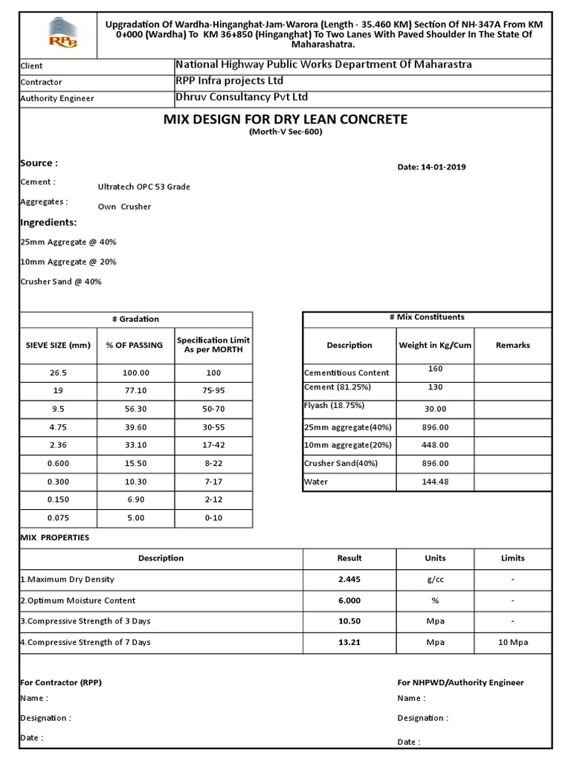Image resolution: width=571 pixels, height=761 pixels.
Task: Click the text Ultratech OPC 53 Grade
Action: click(143, 187)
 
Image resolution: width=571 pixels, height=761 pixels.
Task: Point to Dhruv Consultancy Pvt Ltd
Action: click(241, 97)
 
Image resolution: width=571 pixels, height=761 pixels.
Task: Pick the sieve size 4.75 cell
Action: click(58, 427)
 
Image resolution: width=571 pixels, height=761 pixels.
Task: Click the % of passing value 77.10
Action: click(136, 391)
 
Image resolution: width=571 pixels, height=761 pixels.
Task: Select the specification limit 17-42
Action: click(213, 445)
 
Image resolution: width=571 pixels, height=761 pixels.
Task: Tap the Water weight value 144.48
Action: click(435, 482)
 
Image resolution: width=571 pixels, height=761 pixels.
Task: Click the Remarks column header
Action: click(512, 345)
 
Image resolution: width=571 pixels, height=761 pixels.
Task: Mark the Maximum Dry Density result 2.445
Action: click(349, 579)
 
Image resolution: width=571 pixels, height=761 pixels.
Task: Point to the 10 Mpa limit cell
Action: click(512, 642)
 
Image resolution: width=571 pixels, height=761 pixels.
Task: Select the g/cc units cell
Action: click(435, 579)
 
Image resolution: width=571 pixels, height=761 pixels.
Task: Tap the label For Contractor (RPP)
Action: click(60, 682)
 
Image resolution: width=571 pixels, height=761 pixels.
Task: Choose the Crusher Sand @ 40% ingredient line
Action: click(61, 282)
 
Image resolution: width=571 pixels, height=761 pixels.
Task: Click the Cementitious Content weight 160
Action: click(435, 369)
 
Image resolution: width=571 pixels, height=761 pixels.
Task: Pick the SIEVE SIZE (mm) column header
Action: click(58, 346)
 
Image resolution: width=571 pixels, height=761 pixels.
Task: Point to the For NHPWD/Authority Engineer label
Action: click(460, 682)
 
